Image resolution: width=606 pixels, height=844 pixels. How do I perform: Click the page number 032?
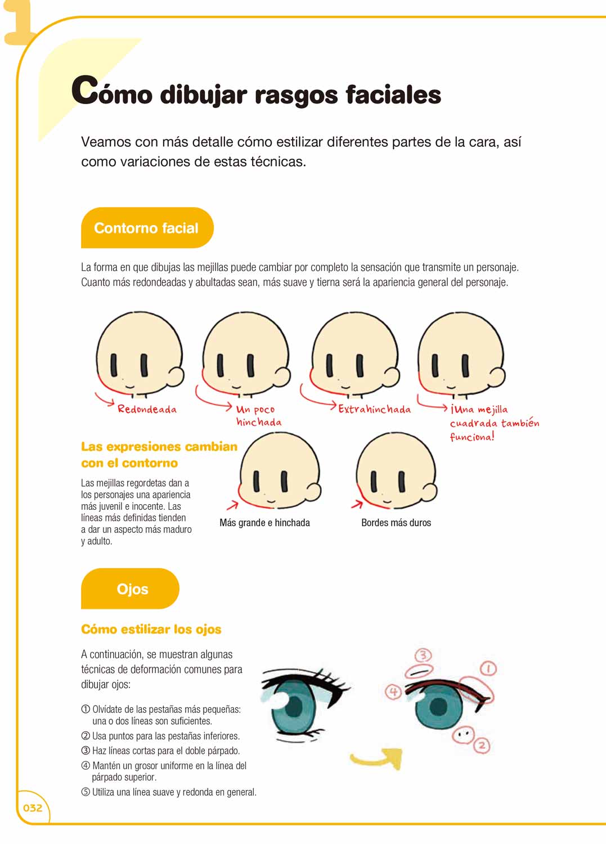(33, 808)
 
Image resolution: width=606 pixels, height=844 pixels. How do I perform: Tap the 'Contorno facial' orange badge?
(147, 227)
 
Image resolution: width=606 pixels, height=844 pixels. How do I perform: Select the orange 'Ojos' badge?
(130, 589)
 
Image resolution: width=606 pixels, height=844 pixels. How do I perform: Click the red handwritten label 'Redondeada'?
(147, 409)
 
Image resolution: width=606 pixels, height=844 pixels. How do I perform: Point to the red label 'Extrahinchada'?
(374, 409)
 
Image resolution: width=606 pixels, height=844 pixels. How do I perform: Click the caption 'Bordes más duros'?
(396, 523)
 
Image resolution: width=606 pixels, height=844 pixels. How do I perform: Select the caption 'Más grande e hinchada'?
(264, 523)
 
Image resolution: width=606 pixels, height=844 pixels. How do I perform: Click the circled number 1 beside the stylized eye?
(488, 669)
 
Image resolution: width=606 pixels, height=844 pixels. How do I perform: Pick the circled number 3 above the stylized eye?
(423, 656)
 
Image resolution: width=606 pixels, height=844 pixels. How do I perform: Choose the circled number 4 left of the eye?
(393, 692)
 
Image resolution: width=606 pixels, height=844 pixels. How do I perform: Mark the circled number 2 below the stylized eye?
(482, 746)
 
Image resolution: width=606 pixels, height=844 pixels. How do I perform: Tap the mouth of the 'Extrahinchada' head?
(345, 387)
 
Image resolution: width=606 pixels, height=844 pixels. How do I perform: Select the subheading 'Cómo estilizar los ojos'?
(151, 629)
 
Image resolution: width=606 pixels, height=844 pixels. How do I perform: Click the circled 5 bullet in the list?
(86, 792)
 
